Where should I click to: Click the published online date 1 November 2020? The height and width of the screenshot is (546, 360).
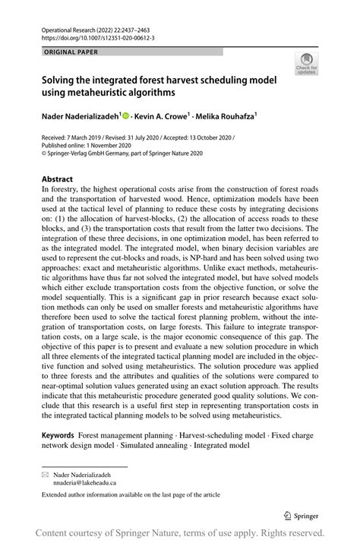point(108,145)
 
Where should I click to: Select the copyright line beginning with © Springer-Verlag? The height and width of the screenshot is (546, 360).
point(122,153)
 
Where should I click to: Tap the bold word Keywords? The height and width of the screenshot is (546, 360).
point(58,435)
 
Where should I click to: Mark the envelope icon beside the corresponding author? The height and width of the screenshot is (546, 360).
point(45,475)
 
